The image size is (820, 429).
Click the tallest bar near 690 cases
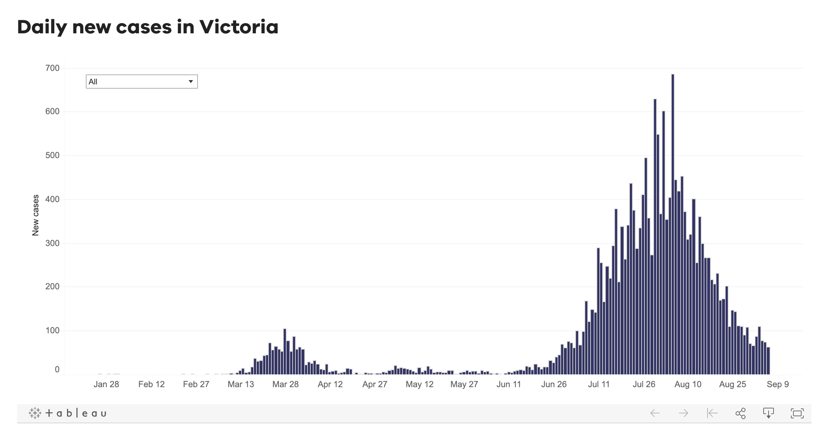click(x=673, y=223)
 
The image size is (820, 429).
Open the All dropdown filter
click(x=142, y=82)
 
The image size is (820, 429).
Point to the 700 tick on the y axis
click(x=52, y=68)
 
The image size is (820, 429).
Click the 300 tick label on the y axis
click(x=52, y=244)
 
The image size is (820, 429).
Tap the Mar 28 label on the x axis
click(x=285, y=384)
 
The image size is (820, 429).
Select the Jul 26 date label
click(x=644, y=384)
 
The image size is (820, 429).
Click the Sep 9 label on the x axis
click(x=777, y=384)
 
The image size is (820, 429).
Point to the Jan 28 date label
click(x=106, y=384)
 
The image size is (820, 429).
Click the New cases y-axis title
click(x=35, y=215)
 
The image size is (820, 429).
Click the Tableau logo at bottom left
click(x=67, y=413)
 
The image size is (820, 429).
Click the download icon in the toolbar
click(x=768, y=413)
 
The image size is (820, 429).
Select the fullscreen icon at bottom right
click(x=797, y=413)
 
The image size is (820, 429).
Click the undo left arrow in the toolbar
click(x=655, y=413)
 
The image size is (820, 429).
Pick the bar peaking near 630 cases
click(x=655, y=238)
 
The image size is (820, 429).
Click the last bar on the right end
click(x=768, y=361)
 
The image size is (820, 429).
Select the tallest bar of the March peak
click(x=285, y=351)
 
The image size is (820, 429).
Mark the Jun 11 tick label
click(x=509, y=384)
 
